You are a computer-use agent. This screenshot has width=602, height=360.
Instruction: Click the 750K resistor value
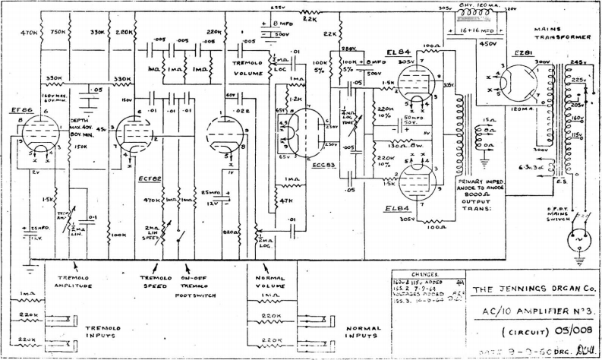pos(56,33)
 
